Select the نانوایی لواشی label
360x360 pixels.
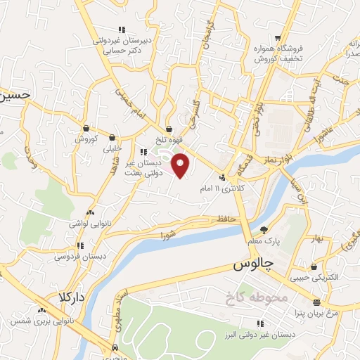(88, 223)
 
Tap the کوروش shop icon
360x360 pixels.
(86, 129)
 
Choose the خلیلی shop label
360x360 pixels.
(112, 149)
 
